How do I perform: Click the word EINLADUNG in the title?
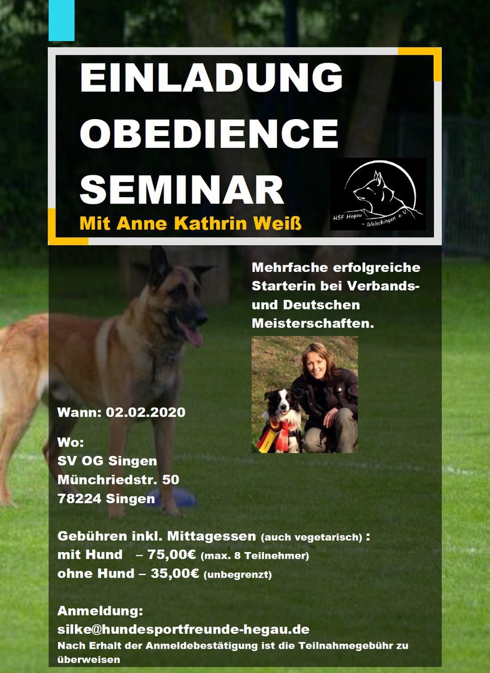211,77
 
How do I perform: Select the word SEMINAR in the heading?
182,189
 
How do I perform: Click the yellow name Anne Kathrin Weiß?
209,223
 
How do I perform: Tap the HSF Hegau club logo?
378,194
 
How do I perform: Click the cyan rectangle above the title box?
61,21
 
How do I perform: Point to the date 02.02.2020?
145,412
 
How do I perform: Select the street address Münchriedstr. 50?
118,480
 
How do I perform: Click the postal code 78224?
79,499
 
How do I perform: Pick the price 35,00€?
175,573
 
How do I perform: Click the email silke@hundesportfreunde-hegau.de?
184,629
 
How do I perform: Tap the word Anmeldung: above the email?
100,611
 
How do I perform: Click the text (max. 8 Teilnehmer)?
255,556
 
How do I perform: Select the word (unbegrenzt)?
237,574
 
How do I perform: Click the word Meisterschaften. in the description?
313,323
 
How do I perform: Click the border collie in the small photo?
282,420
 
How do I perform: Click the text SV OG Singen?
107,461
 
